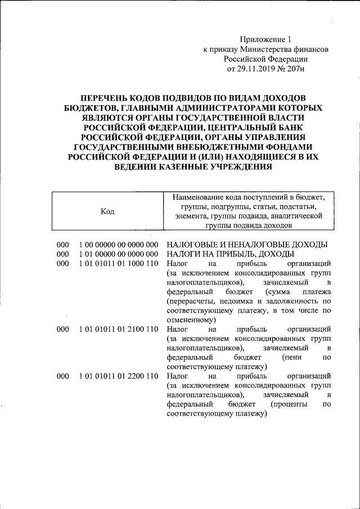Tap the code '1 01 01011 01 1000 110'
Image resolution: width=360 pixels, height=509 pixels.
(119, 263)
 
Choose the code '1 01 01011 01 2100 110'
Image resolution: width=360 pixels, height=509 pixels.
(119, 328)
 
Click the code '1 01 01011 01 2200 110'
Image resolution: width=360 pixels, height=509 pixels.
(119, 375)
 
